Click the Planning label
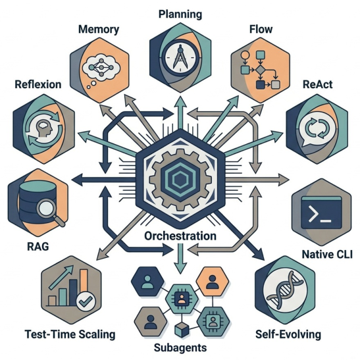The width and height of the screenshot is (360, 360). pyautogui.click(x=180, y=13)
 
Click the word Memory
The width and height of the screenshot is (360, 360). pyautogui.click(x=98, y=30)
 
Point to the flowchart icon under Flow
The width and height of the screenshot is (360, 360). pyautogui.click(x=259, y=69)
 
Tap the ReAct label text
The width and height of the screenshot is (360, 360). pyautogui.click(x=317, y=86)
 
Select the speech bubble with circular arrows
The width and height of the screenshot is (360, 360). pyautogui.click(x=311, y=126)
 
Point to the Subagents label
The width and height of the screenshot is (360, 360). pyautogui.click(x=180, y=347)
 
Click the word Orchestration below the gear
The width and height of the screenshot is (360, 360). pyautogui.click(x=180, y=236)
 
